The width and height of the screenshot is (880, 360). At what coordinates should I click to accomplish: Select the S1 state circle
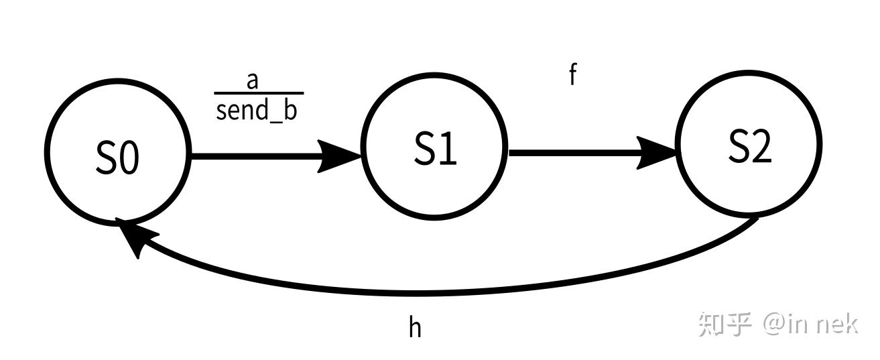coord(435,147)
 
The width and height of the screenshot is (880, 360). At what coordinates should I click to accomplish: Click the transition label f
coord(572,75)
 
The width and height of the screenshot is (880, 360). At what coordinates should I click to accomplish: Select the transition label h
coord(416,327)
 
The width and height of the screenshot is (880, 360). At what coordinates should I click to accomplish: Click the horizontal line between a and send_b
coord(259,93)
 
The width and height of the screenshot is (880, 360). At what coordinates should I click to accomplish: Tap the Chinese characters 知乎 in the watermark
coord(725,324)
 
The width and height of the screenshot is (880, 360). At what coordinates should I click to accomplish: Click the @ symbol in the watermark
coord(773,324)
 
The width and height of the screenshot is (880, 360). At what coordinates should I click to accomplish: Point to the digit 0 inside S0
coord(130,160)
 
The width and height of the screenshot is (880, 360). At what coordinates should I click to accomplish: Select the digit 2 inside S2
coord(761,147)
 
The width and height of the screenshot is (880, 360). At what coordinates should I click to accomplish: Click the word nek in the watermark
coord(838,324)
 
